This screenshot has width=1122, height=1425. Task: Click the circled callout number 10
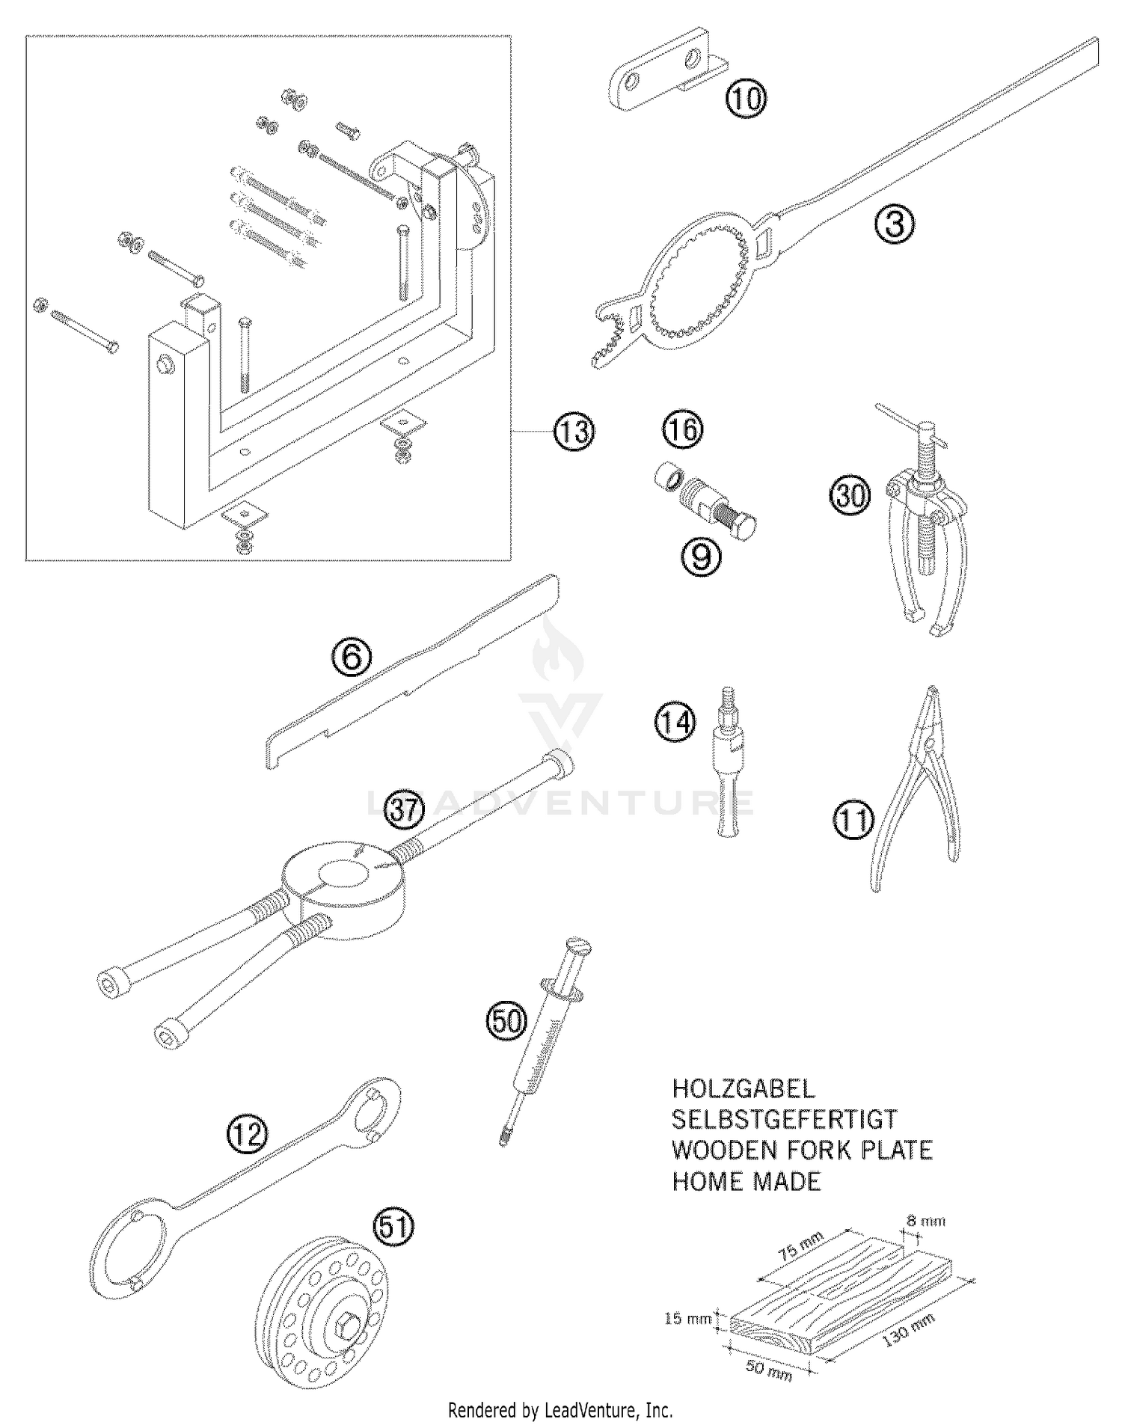coord(746,99)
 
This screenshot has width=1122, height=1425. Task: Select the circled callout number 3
coord(895,224)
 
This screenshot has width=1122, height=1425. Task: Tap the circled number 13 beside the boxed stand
coord(574,432)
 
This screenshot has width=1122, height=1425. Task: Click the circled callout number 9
coord(701,556)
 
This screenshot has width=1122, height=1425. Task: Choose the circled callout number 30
coord(850,496)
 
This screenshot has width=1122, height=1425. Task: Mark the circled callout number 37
coord(404,811)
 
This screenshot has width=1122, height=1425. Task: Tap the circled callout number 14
coord(675,723)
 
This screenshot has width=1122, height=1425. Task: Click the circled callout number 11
coord(853,821)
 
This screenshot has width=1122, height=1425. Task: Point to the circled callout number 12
coord(247,1135)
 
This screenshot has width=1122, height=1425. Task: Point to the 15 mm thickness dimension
coord(687,1319)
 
